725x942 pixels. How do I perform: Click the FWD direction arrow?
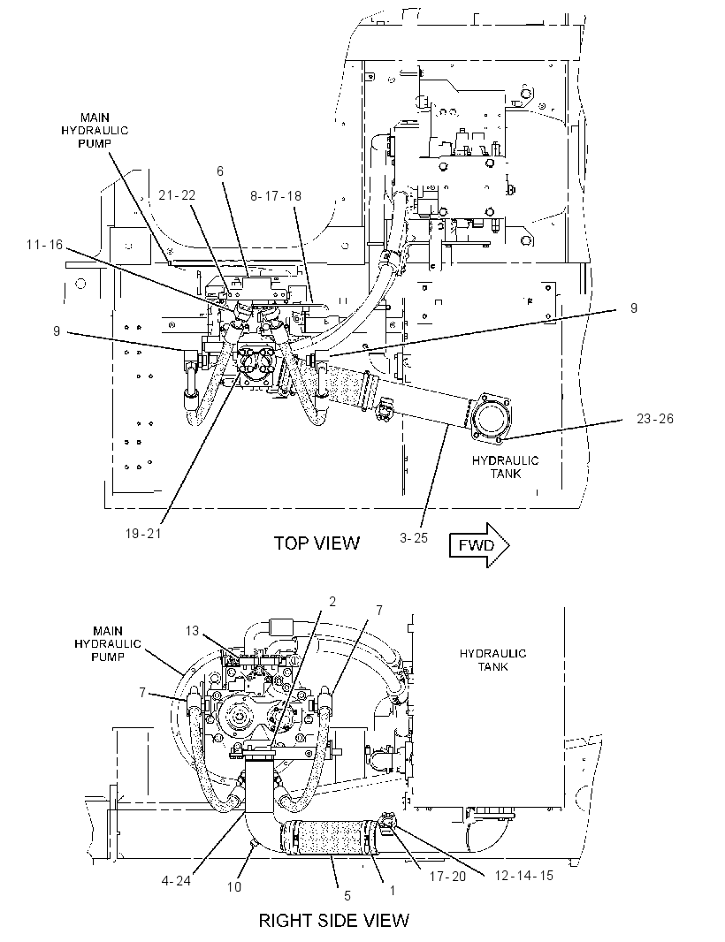[x=479, y=545]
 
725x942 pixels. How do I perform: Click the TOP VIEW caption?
[x=317, y=543]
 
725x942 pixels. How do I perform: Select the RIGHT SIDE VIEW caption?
[x=333, y=921]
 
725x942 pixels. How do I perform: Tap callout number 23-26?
[x=655, y=419]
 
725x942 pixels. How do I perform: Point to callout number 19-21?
[x=143, y=534]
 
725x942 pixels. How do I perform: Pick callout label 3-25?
[x=414, y=537]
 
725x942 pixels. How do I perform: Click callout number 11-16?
[x=44, y=245]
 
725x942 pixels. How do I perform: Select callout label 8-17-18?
[x=275, y=196]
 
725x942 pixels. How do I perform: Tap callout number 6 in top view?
[x=220, y=171]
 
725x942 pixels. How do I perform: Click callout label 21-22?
[x=177, y=195]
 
